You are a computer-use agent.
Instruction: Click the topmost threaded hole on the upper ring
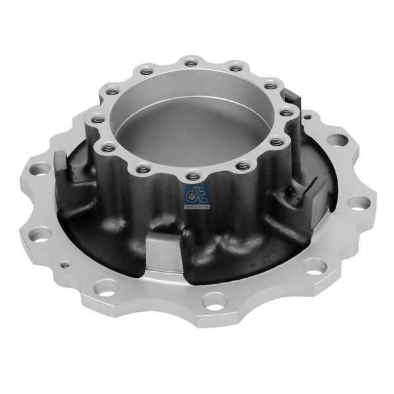tap(189, 64)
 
